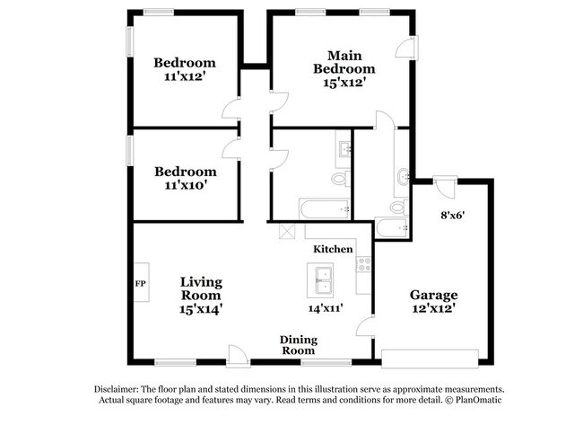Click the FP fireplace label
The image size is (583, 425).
click(x=140, y=284)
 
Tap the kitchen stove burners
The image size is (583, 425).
click(x=364, y=264)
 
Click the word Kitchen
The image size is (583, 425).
click(x=332, y=248)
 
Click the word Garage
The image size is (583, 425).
click(x=434, y=295)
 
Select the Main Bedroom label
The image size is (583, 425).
click(x=344, y=62)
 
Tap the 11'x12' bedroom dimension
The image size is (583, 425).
click(x=185, y=77)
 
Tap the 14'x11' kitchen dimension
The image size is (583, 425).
click(x=326, y=308)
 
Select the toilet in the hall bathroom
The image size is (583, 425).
click(x=339, y=180)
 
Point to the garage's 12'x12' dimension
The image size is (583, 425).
click(x=434, y=309)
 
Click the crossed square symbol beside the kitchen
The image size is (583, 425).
click(x=287, y=231)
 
